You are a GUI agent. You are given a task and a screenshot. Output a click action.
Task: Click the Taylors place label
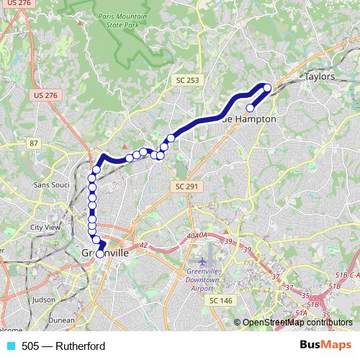(x=320, y=76)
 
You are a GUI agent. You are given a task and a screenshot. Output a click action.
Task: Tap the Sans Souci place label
(x=50, y=185)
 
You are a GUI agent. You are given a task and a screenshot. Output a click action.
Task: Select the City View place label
(x=45, y=227)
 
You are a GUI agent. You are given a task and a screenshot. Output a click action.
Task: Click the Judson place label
(x=44, y=299)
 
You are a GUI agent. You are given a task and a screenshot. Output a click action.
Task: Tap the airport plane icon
(x=202, y=259)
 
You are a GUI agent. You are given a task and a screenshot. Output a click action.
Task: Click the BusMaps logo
(x=325, y=346)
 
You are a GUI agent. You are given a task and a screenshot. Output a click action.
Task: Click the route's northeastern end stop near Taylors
(x=267, y=89)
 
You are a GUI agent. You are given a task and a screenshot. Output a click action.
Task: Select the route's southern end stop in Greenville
(x=99, y=253)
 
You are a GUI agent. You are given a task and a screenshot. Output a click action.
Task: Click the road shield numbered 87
(x=35, y=144)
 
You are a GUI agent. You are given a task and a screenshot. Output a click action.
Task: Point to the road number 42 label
(x=143, y=246)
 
